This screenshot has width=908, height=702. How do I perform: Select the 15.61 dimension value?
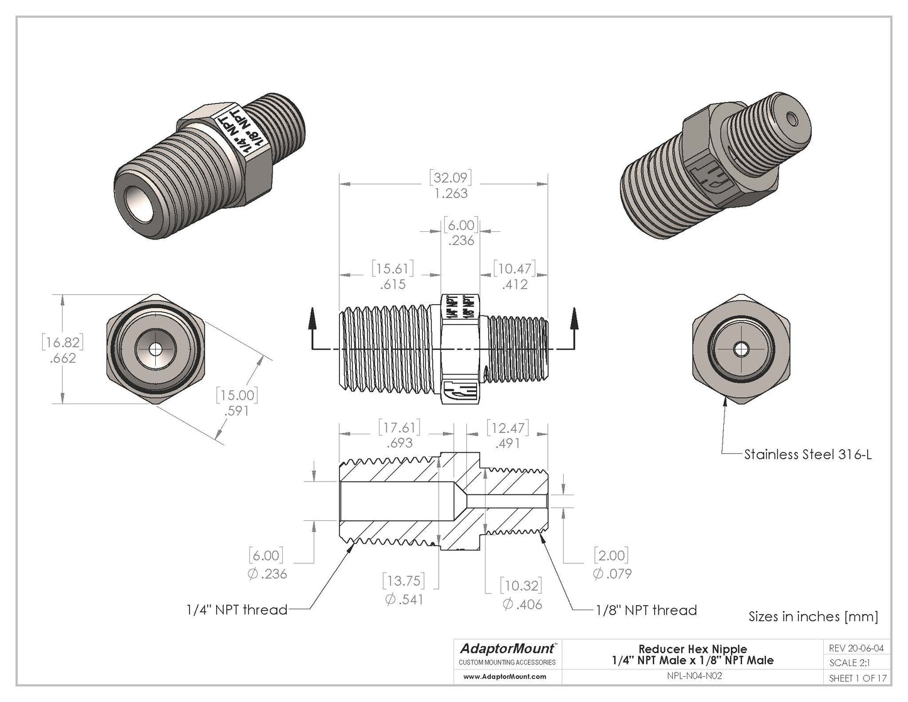[393, 269]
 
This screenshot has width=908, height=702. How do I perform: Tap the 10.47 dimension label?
[513, 269]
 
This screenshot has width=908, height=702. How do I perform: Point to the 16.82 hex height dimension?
[62, 343]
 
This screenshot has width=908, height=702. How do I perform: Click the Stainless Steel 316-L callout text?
[807, 454]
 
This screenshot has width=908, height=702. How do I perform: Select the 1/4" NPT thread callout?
[237, 610]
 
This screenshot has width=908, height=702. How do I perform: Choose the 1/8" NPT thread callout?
[646, 610]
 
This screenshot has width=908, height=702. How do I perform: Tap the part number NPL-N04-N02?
[692, 677]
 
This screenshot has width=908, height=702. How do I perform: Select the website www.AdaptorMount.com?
[505, 677]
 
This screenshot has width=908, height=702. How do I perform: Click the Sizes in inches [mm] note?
[812, 617]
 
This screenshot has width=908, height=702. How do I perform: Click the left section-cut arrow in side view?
[311, 321]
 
